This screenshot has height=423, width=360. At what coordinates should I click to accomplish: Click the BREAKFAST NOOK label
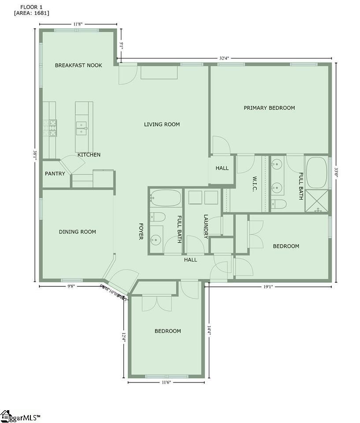(78, 65)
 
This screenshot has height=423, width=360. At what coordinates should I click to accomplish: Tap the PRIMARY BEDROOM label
(269, 108)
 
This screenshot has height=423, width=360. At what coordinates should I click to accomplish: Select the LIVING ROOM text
(162, 124)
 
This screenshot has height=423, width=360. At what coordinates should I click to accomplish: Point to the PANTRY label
(55, 174)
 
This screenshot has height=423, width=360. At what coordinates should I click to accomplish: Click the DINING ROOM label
(78, 232)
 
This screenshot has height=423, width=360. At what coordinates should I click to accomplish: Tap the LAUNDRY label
(206, 226)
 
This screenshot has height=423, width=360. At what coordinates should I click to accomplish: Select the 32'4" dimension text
(224, 58)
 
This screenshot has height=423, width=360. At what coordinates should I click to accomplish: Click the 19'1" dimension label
(268, 287)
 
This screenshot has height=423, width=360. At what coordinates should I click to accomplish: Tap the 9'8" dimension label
(71, 286)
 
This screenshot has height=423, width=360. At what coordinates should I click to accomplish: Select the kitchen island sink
(82, 128)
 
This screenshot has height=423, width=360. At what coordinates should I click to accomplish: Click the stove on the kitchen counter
(50, 128)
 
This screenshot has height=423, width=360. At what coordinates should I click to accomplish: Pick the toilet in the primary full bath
(278, 204)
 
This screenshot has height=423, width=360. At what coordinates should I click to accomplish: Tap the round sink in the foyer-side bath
(156, 240)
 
